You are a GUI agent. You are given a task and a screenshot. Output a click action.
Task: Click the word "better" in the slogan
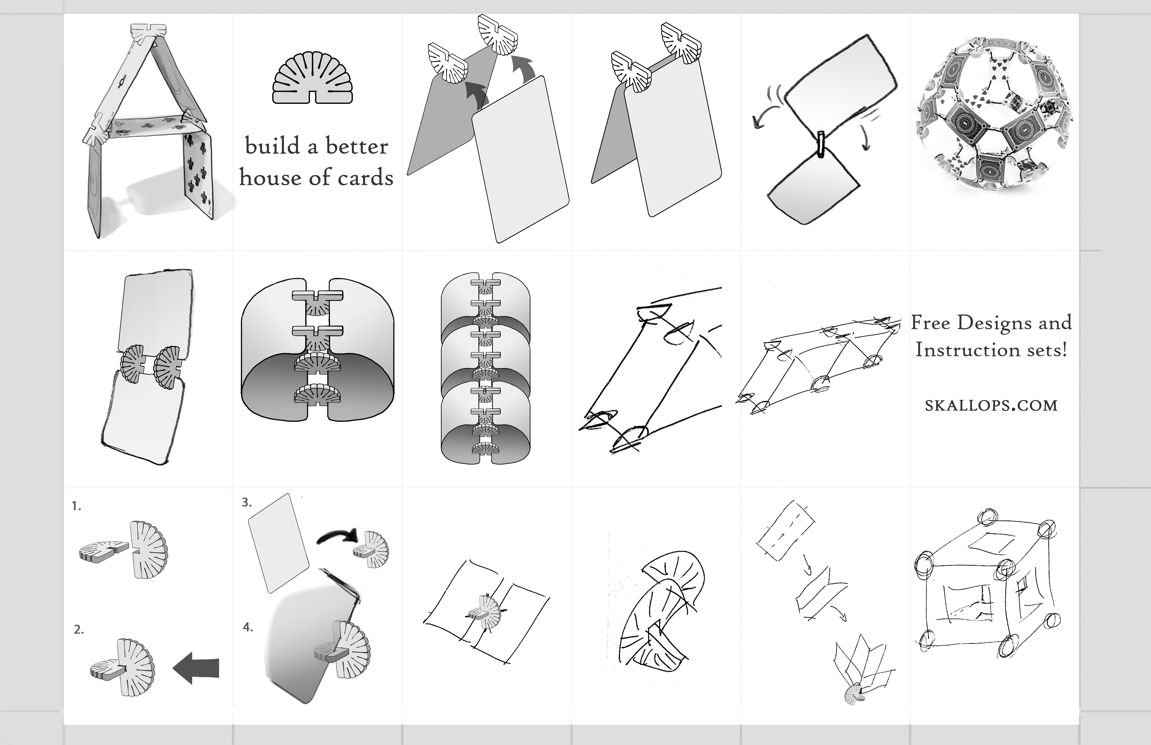[x=356, y=146]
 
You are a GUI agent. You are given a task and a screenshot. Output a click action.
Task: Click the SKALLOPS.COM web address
[x=991, y=405]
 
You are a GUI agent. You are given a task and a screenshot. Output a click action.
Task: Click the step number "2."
[x=78, y=629]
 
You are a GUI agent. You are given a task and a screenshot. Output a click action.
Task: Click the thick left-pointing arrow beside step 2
[x=196, y=668]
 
